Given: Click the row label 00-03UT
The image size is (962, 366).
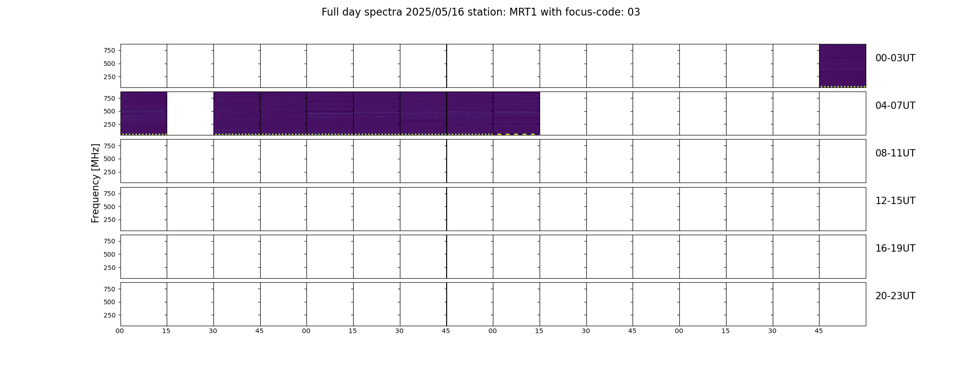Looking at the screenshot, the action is [895, 58].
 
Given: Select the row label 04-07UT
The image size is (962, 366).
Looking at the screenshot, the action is [895, 106].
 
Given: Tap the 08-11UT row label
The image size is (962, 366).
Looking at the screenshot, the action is [895, 153].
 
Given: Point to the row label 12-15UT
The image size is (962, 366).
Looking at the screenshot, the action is [895, 201].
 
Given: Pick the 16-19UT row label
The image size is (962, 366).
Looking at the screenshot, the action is [895, 248].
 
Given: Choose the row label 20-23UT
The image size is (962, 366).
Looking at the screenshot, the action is [895, 296].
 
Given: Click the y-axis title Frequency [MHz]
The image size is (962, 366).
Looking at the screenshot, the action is [95, 183].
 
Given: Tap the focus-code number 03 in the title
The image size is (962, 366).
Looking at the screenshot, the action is [634, 12].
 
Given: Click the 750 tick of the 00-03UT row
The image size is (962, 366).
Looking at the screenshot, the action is [109, 50].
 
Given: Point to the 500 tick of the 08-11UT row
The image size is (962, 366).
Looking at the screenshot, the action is [109, 159].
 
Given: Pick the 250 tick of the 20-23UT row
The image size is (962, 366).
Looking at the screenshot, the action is [109, 315].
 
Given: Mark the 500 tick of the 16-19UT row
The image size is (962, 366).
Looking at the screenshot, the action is [109, 254].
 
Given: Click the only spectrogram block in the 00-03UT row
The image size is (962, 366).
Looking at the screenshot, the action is [842, 66].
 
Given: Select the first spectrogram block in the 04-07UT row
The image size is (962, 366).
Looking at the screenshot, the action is [144, 113].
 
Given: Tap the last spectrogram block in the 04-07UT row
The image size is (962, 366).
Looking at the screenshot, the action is [516, 113].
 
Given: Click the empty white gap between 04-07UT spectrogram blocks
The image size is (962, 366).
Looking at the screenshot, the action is [190, 113].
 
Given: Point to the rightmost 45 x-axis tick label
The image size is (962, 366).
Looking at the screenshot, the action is [819, 331].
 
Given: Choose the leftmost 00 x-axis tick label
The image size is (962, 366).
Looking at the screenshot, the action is [120, 331].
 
